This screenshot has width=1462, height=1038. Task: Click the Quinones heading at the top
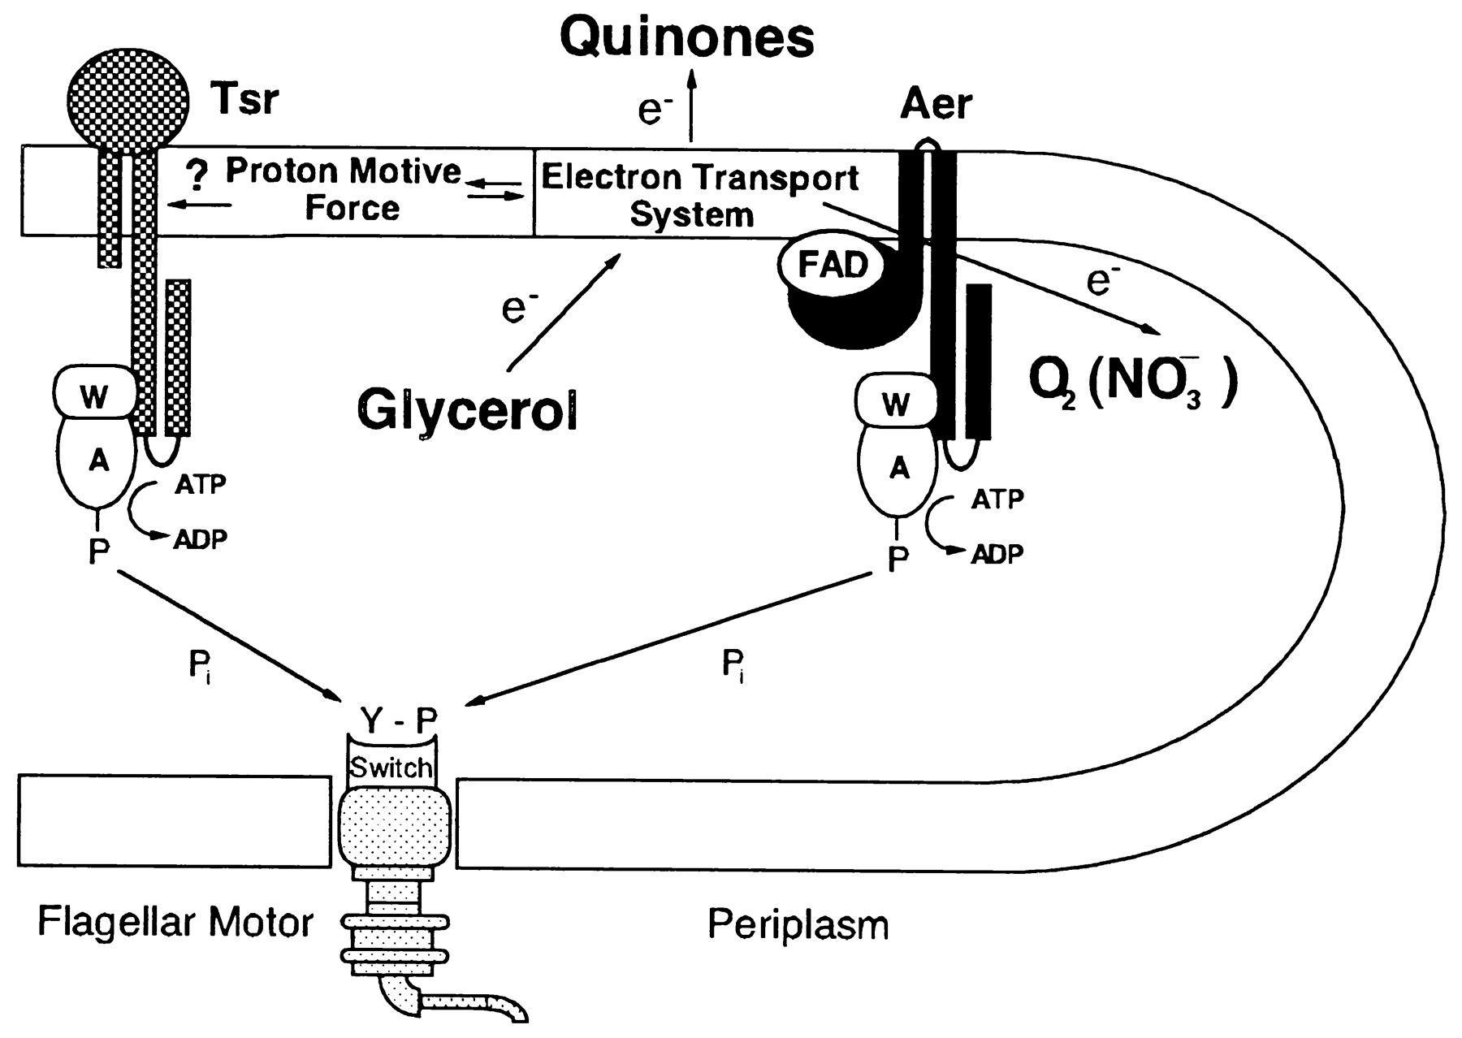click(x=687, y=37)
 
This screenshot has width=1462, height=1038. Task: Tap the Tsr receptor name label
click(x=244, y=99)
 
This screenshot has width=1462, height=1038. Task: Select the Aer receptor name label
click(x=936, y=104)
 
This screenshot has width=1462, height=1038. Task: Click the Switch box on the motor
click(x=391, y=768)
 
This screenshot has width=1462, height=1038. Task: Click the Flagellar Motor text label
click(x=175, y=923)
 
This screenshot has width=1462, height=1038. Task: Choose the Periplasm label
click(x=798, y=924)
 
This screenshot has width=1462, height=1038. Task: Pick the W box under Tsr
click(x=95, y=396)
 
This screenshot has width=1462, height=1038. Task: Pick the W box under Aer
click(x=895, y=404)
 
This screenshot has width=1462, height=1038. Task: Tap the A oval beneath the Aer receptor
click(x=899, y=469)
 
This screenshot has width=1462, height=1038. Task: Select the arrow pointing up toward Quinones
click(x=691, y=106)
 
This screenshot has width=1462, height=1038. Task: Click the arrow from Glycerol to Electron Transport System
click(x=563, y=313)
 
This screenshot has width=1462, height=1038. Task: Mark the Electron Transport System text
click(x=699, y=195)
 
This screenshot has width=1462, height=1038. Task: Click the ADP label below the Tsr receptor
click(x=200, y=538)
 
